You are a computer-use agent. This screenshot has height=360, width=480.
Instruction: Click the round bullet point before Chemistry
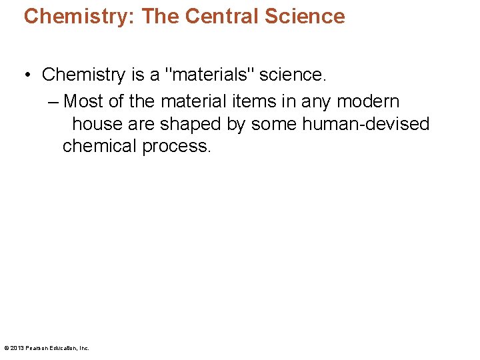(29, 75)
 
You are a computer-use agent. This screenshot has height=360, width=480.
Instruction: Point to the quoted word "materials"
(213, 75)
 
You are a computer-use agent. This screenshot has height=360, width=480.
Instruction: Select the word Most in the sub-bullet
(84, 101)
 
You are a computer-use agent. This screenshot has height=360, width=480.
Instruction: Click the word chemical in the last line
(99, 146)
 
